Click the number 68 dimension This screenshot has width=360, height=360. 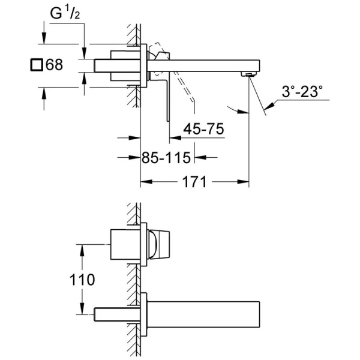click(54, 64)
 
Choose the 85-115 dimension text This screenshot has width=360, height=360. click(166, 158)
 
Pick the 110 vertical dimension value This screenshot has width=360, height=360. click(82, 280)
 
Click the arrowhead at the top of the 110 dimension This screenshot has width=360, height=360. click(82, 248)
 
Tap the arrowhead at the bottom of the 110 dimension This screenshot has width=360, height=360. click(82, 311)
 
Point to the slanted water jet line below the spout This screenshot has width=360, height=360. click(257, 93)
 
